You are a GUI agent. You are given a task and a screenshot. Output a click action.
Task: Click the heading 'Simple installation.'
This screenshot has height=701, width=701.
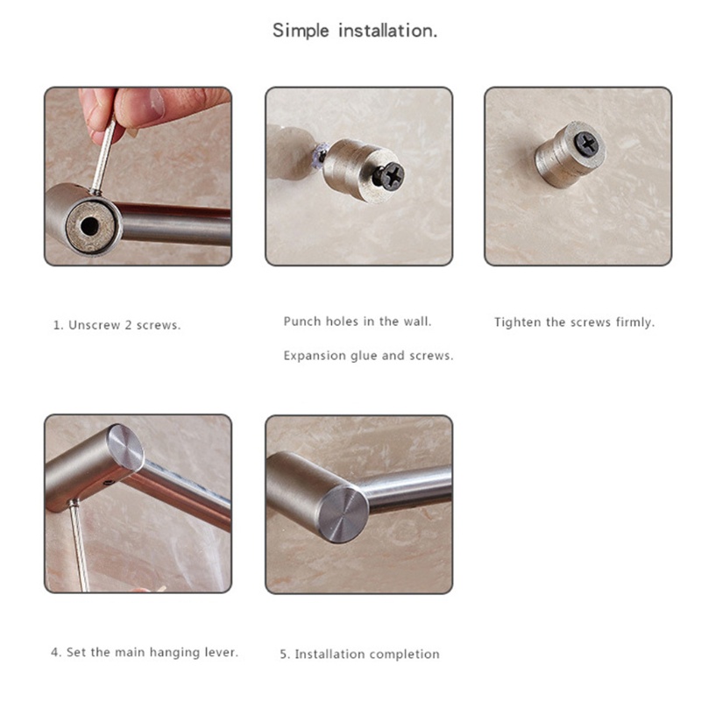355,31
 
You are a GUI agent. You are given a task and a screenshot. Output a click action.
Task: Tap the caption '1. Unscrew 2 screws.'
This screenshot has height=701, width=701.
117,325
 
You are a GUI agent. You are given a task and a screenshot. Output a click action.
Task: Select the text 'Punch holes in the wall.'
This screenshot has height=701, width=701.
358,322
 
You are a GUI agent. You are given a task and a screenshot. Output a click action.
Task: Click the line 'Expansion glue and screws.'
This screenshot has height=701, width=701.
368,356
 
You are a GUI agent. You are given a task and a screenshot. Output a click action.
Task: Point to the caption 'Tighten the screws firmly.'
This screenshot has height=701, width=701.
575,322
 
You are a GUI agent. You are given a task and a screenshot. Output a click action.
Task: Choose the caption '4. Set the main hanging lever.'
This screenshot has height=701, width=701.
145,652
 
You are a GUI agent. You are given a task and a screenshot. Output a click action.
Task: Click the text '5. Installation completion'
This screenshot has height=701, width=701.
360,654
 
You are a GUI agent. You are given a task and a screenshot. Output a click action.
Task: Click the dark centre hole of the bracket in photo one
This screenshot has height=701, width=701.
90,226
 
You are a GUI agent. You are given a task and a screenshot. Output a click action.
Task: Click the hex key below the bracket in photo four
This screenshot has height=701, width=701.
78,546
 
